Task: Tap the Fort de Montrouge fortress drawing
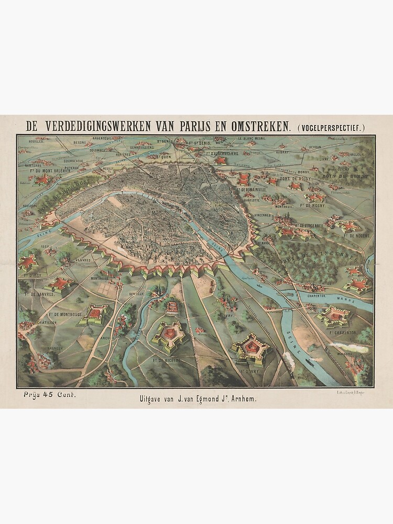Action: [x=95, y=313]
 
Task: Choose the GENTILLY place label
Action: [x=136, y=295]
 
